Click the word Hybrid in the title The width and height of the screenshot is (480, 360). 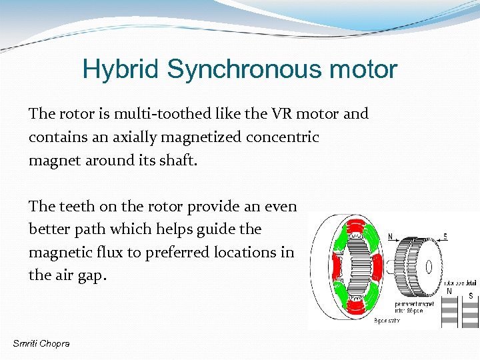point(121,69)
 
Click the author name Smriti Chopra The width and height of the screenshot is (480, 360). point(41,343)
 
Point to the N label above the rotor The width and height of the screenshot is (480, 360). point(391,235)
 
